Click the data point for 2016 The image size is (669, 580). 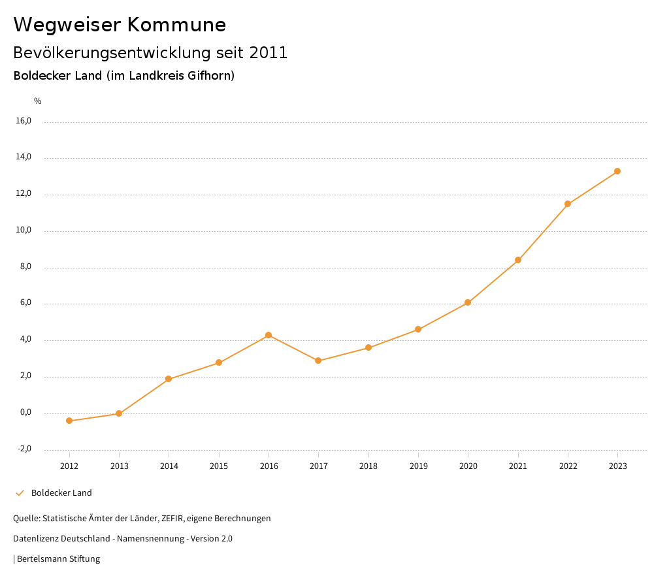tap(269, 335)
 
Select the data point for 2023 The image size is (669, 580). tap(617, 171)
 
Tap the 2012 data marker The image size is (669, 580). tap(69, 421)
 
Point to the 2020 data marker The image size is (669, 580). tap(468, 302)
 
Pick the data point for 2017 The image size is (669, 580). tap(318, 361)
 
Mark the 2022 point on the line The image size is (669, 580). tap(568, 204)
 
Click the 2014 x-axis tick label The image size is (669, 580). tap(169, 466)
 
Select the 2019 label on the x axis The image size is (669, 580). tap(418, 466)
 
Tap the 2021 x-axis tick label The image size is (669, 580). tap(518, 466)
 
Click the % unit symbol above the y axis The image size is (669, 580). tap(38, 101)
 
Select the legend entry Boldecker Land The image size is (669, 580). tap(61, 492)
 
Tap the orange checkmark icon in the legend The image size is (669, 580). tap(20, 492)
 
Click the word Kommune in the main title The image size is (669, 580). tap(176, 25)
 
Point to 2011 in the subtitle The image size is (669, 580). tap(269, 52)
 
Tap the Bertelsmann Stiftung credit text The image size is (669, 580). tap(58, 558)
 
